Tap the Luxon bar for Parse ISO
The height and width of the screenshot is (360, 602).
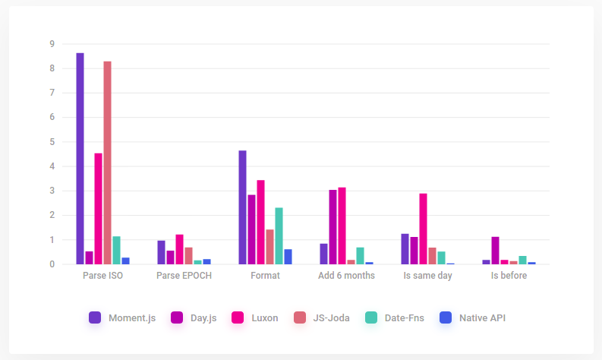pyautogui.click(x=98, y=209)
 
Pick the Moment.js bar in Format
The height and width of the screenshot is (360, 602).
pyautogui.click(x=242, y=207)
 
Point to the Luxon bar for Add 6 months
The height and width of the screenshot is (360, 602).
pyautogui.click(x=342, y=226)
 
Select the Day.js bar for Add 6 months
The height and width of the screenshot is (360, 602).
pyautogui.click(x=333, y=227)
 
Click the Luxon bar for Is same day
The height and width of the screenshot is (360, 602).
pyautogui.click(x=423, y=229)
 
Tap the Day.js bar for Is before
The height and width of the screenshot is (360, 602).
pyautogui.click(x=495, y=251)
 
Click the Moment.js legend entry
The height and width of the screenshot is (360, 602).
pyautogui.click(x=122, y=318)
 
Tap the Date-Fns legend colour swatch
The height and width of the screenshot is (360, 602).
pyautogui.click(x=370, y=318)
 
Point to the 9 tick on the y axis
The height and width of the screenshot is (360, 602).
pyautogui.click(x=52, y=44)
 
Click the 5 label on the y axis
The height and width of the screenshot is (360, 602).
pyautogui.click(x=52, y=142)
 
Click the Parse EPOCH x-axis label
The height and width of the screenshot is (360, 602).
pyautogui.click(x=184, y=276)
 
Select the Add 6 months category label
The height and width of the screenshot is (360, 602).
pyautogui.click(x=346, y=276)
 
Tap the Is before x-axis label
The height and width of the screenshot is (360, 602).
pyautogui.click(x=509, y=276)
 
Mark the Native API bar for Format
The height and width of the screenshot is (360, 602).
pyautogui.click(x=288, y=257)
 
